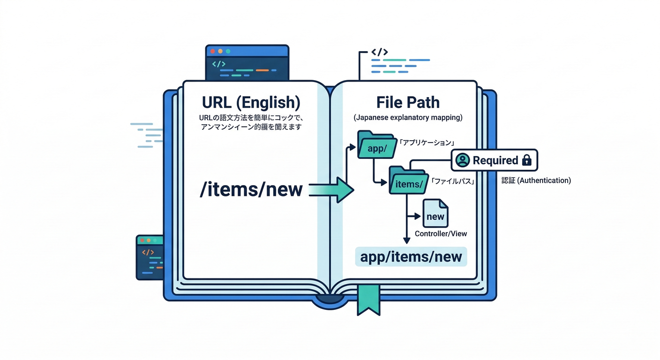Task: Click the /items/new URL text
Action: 251,190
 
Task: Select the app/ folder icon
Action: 377,146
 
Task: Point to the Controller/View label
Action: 441,233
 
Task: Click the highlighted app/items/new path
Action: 411,257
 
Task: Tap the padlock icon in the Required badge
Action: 526,160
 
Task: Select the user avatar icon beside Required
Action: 463,160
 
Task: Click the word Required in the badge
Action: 495,160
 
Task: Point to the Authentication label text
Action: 536,180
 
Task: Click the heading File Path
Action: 408,102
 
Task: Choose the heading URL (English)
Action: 251,102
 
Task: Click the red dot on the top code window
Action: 212,51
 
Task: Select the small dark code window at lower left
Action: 150,257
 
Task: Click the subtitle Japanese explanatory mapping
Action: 408,118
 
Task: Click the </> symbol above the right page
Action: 379,52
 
